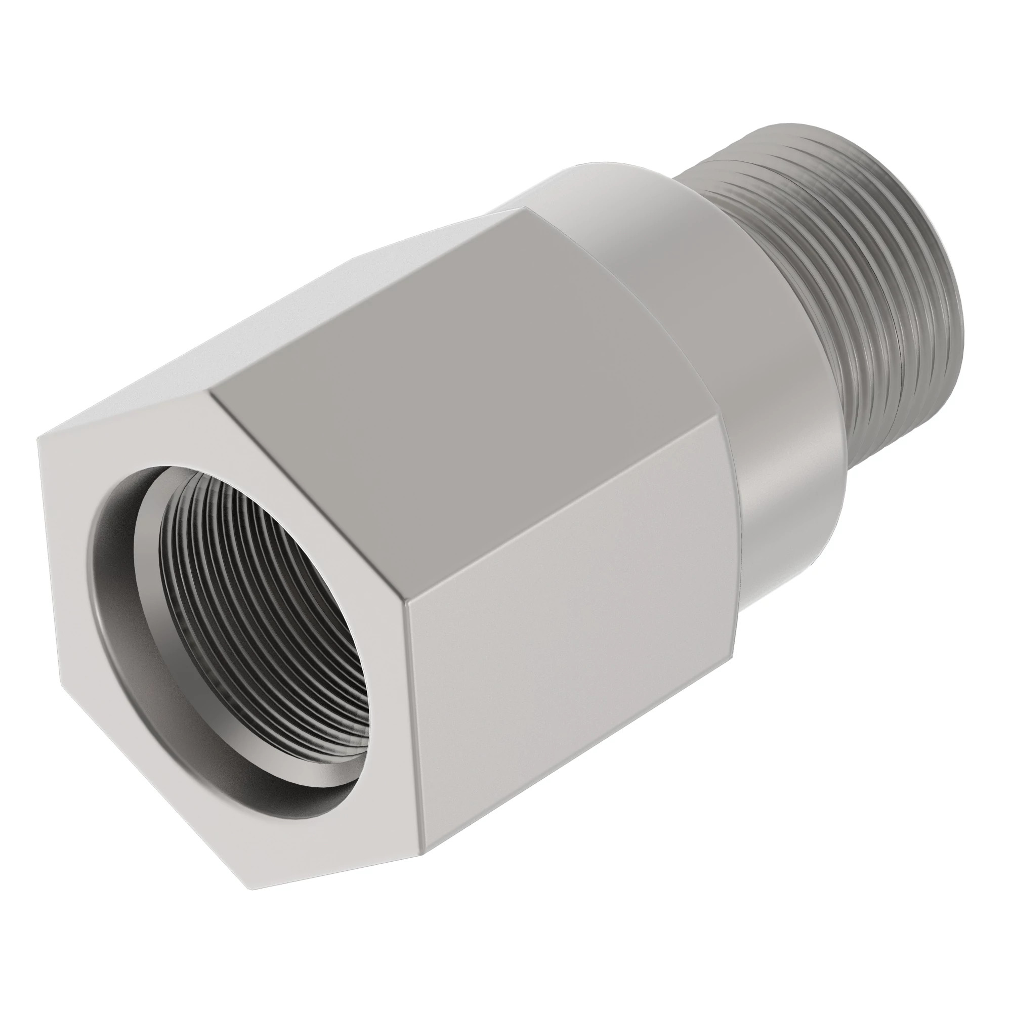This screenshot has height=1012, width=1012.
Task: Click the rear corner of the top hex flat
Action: point(526,208)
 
